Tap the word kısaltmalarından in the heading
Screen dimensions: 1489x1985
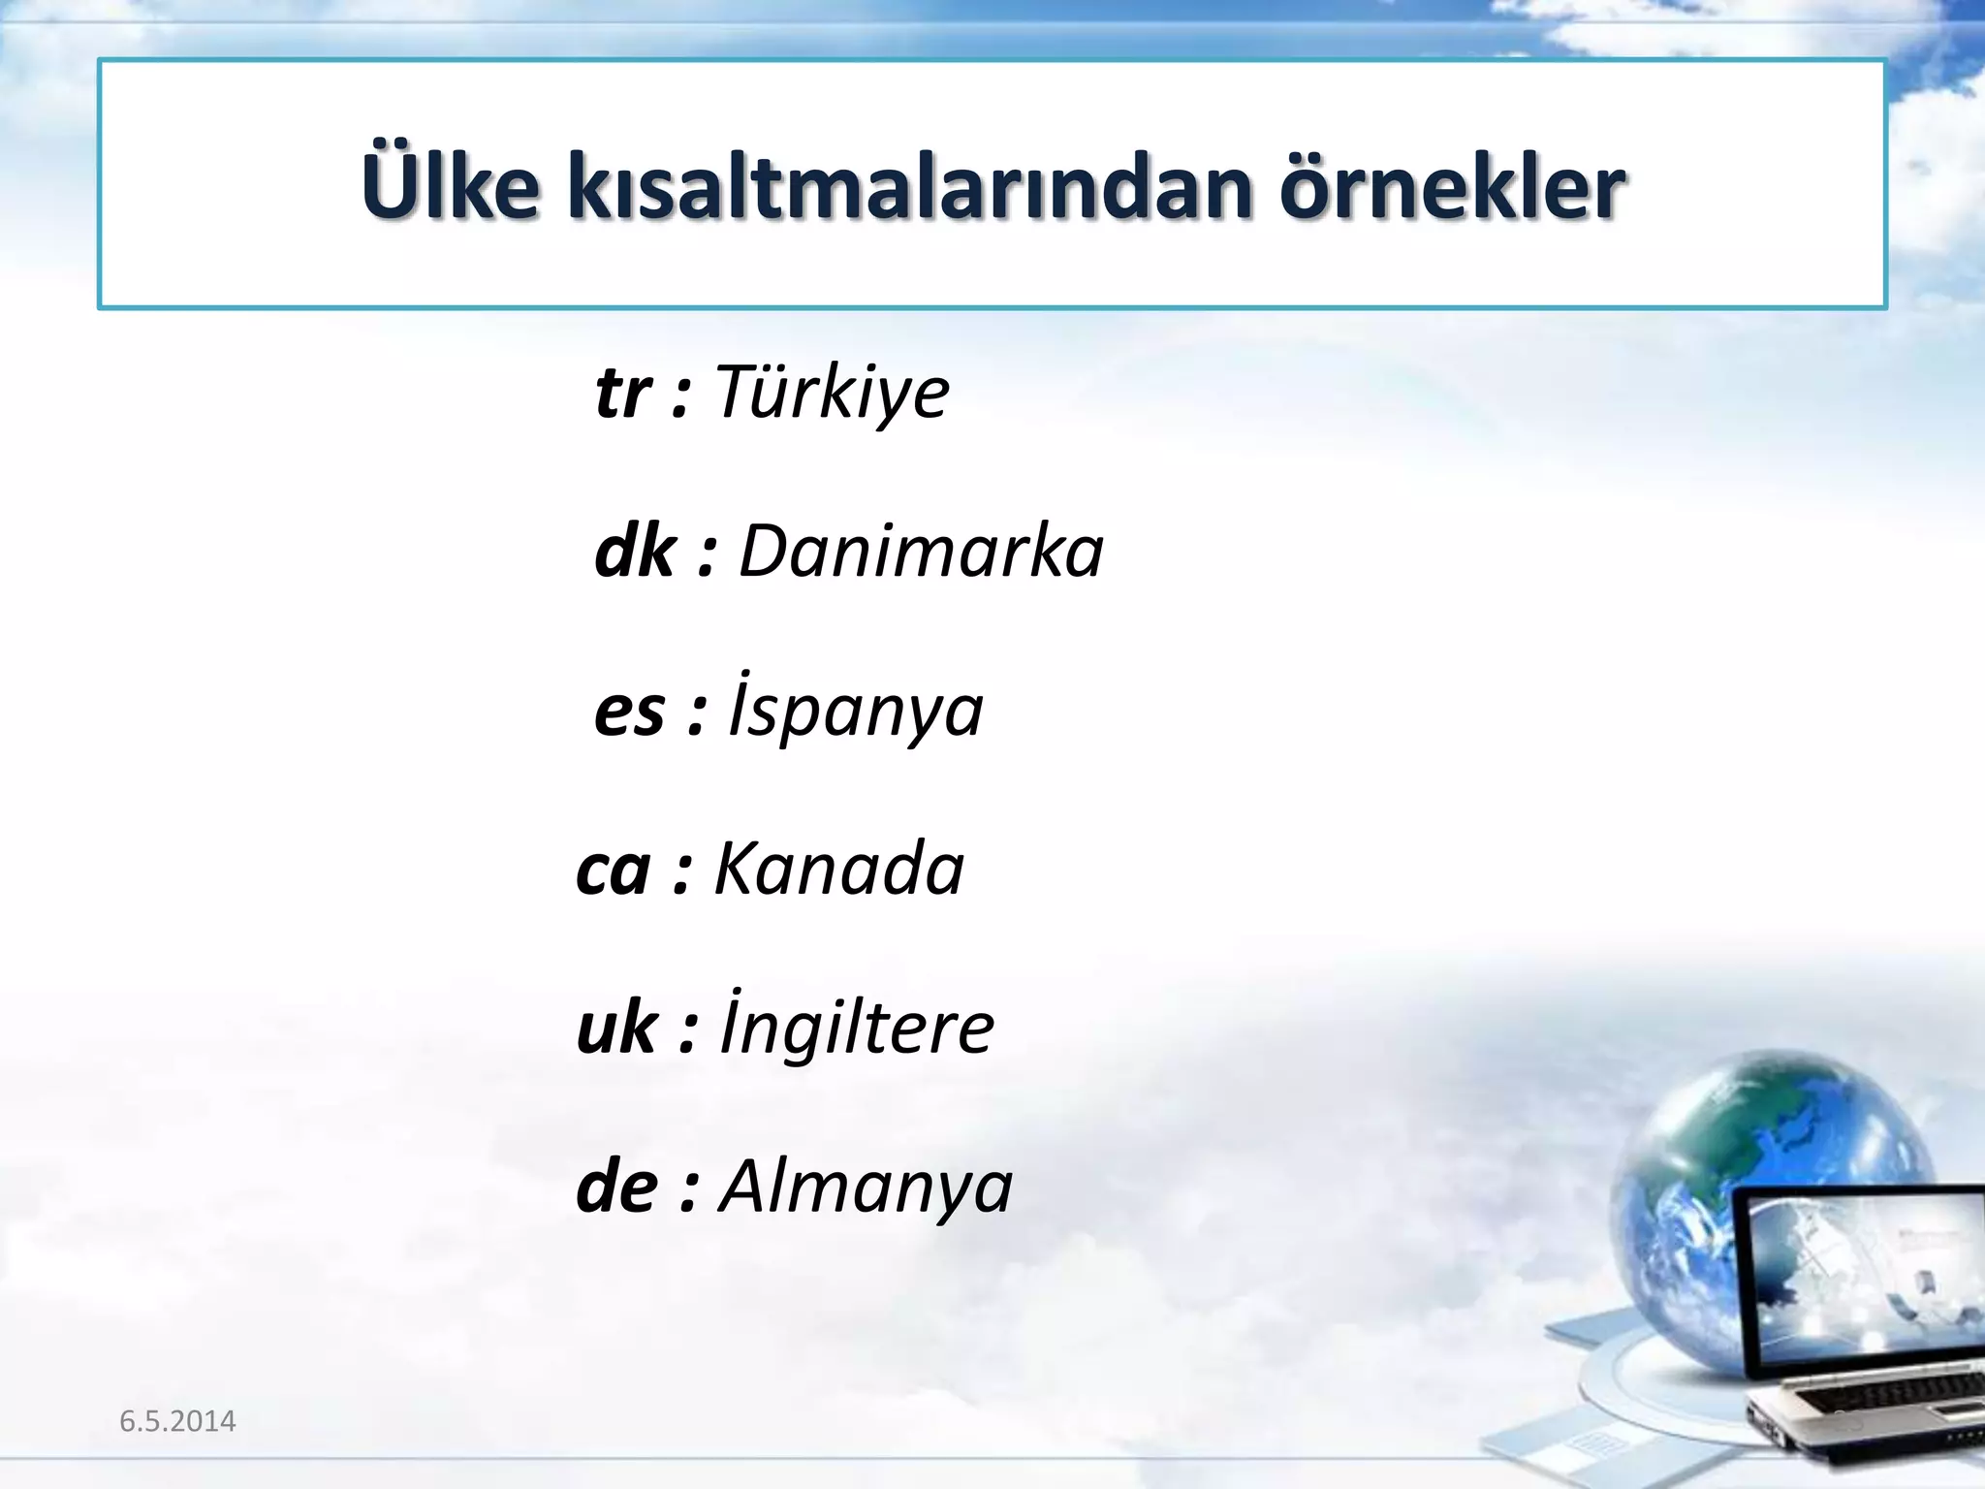click(909, 186)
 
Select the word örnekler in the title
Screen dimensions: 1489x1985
click(1451, 186)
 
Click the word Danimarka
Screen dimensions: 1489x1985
click(921, 552)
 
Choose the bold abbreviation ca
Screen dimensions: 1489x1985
click(613, 870)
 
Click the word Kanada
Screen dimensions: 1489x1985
click(838, 868)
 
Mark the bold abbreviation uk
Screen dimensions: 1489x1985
click(616, 1028)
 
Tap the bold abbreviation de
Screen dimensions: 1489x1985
click(616, 1187)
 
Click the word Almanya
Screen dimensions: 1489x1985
click(866, 1187)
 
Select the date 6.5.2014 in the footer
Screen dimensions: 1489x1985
click(177, 1421)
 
